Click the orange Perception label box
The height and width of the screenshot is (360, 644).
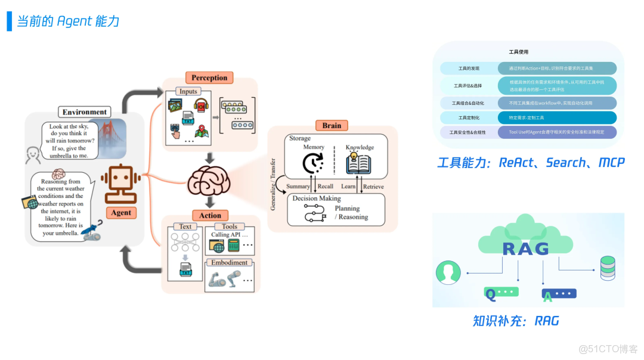tap(209, 77)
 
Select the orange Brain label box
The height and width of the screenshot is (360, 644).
tap(332, 125)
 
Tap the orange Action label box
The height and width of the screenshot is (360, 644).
tap(210, 215)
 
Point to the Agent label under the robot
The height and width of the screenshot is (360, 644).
tap(121, 213)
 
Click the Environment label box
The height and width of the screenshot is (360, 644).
tap(85, 112)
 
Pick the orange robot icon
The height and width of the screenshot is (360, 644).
tap(121, 181)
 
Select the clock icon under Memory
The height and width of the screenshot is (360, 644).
tap(312, 163)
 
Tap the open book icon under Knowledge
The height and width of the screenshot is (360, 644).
tap(359, 163)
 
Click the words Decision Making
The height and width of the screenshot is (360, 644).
tap(317, 198)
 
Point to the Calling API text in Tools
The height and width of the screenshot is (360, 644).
tap(229, 235)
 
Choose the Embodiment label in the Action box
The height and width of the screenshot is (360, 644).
tap(230, 262)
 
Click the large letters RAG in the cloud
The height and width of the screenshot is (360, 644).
tap(525, 249)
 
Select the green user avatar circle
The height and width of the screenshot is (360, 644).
tap(448, 273)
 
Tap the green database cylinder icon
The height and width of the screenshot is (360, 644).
tap(608, 268)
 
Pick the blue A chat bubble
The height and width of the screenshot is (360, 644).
tap(559, 294)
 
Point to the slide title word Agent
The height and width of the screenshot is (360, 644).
tap(75, 21)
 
